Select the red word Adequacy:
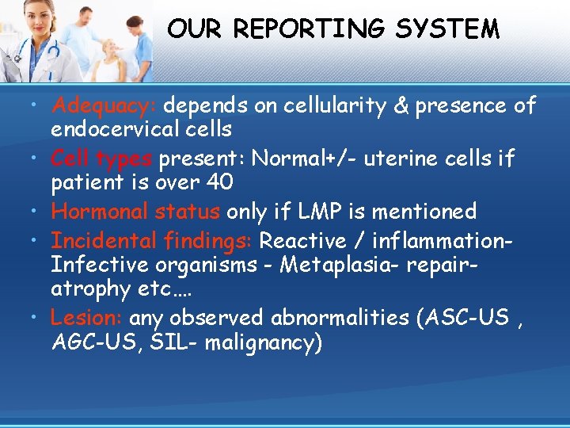coord(104,105)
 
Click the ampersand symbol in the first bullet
coord(423,105)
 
